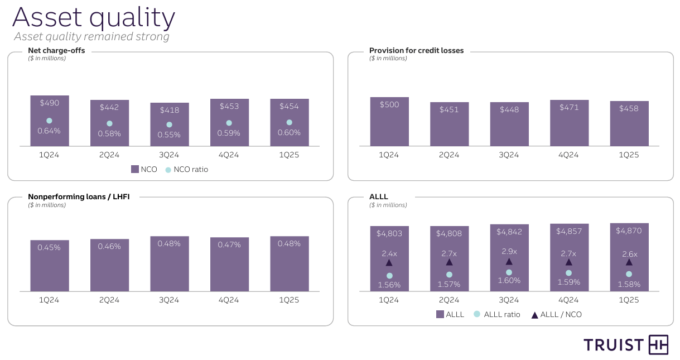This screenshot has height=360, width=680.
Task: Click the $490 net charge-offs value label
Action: pyautogui.click(x=50, y=103)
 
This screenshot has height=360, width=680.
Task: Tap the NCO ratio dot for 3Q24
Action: pyautogui.click(x=169, y=124)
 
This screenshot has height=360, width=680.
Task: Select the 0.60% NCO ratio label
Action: pyautogui.click(x=289, y=133)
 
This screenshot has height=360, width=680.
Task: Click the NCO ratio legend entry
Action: pyautogui.click(x=186, y=169)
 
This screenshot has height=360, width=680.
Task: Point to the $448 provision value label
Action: pyautogui.click(x=509, y=109)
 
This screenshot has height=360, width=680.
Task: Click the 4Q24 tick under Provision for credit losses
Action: pyautogui.click(x=568, y=155)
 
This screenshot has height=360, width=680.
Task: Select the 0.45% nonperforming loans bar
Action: pyautogui.click(x=50, y=266)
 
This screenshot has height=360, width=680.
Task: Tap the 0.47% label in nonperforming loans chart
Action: pyautogui.click(x=229, y=244)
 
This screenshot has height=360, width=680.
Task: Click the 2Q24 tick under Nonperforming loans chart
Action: pyautogui.click(x=109, y=300)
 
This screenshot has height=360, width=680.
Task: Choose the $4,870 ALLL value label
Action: pyautogui.click(x=629, y=231)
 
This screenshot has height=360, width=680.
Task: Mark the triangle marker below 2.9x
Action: pyautogui.click(x=509, y=262)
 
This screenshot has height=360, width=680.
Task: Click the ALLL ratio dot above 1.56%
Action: pyautogui.click(x=389, y=275)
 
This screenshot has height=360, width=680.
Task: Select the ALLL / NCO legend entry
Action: pyautogui.click(x=556, y=315)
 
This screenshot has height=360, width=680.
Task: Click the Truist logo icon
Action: pyautogui.click(x=658, y=345)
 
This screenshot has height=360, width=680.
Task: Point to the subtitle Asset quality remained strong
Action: pyautogui.click(x=91, y=37)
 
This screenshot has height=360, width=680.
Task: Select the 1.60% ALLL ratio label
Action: pyautogui.click(x=509, y=281)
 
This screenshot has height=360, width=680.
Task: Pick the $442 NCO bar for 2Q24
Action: pyautogui.click(x=109, y=123)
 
